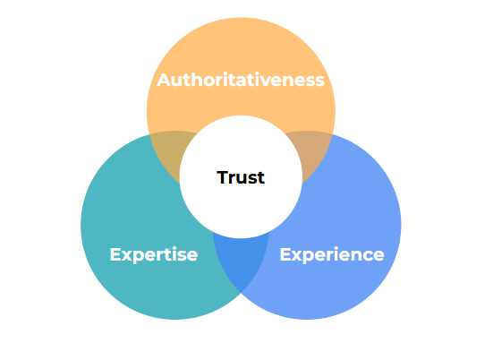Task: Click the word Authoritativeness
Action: (241, 80)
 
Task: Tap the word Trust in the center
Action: (241, 177)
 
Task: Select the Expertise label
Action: (154, 255)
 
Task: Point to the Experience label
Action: (332, 255)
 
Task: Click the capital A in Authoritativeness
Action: (164, 80)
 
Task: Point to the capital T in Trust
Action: (223, 177)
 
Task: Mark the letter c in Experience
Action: (366, 256)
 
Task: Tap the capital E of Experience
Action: (285, 254)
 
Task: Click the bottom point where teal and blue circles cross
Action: (241, 293)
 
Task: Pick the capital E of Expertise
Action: (115, 254)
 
